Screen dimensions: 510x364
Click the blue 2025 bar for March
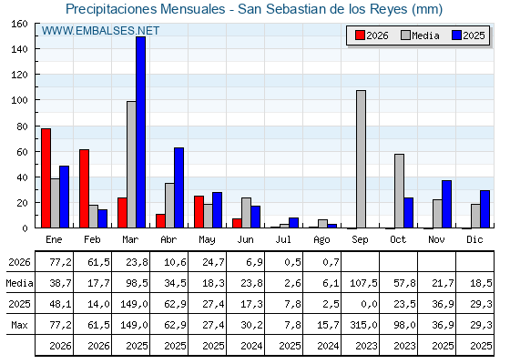tap(141, 132)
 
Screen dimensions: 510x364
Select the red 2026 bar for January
tap(46, 178)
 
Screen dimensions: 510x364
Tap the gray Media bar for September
tap(361, 159)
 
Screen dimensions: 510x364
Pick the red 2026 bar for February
tap(84, 188)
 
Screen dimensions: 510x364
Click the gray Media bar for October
tap(400, 191)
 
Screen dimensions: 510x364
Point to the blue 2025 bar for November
tap(446, 204)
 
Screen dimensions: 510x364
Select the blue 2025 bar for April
tap(178, 187)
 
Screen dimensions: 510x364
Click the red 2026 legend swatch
tap(360, 35)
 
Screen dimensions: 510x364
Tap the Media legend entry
tap(420, 35)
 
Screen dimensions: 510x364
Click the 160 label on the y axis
tap(19, 24)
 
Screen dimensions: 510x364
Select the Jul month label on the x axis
tap(283, 239)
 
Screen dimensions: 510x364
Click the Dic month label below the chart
tap(474, 239)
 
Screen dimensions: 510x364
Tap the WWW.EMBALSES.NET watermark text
tap(100, 31)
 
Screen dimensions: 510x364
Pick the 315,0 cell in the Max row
tap(364, 325)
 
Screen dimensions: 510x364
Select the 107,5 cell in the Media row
tap(364, 283)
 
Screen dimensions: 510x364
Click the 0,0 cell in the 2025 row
tap(369, 304)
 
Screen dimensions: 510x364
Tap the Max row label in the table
tap(19, 325)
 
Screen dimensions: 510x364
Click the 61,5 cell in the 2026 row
tap(99, 262)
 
